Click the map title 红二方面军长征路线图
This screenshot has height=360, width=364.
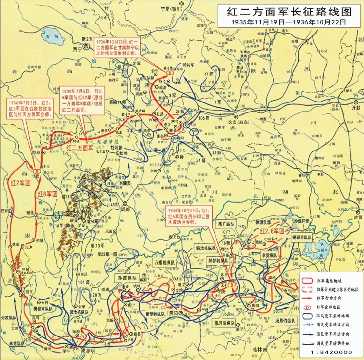(x=289, y=11)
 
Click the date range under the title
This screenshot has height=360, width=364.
(x=289, y=22)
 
